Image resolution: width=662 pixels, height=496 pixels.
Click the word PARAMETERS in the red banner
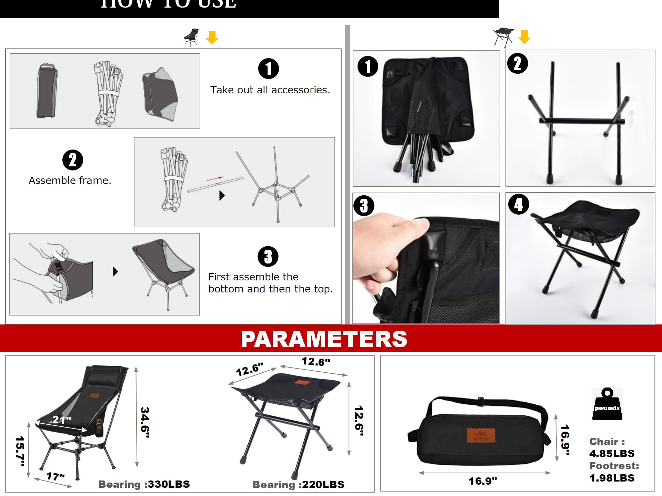[x=324, y=339]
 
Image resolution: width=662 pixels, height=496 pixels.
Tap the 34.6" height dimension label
[x=145, y=422]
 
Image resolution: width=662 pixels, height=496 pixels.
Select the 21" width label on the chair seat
[x=62, y=419]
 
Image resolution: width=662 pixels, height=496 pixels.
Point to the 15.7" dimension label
[x=20, y=451]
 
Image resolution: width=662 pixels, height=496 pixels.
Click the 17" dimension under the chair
[x=56, y=476]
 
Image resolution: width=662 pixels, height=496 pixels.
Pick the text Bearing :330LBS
[x=144, y=484]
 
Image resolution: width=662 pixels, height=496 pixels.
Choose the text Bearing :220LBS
[x=298, y=484]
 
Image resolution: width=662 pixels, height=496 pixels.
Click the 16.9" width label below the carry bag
[x=482, y=481]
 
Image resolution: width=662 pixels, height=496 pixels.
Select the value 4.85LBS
[x=612, y=453]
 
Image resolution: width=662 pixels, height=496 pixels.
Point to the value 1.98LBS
[x=612, y=478]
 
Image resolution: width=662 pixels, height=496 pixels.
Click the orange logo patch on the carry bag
[x=481, y=435]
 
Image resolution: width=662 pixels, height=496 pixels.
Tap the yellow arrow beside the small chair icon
[x=212, y=37]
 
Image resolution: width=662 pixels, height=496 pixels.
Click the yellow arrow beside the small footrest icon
[x=524, y=37]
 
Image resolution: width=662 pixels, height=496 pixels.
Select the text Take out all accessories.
[x=270, y=90]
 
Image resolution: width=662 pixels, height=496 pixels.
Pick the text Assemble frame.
[x=70, y=180]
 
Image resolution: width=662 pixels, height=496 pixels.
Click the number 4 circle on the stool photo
[x=519, y=204]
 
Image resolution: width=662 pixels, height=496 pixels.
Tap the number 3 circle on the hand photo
[x=364, y=206]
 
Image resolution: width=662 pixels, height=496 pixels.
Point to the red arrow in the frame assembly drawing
[x=215, y=178]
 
